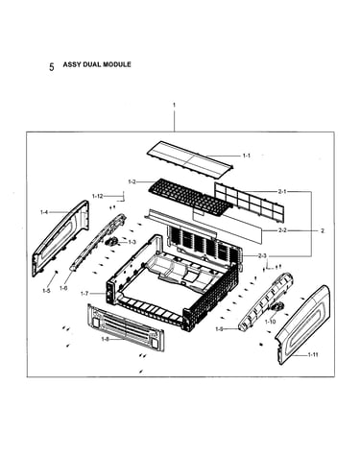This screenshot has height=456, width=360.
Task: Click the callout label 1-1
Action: click(x=246, y=156)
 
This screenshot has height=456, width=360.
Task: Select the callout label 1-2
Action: click(x=132, y=182)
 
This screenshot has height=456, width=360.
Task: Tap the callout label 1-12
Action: click(x=98, y=196)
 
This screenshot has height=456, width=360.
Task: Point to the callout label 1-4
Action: click(x=44, y=212)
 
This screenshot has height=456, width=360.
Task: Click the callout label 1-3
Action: click(x=132, y=242)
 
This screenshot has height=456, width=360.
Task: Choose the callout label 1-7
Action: click(x=84, y=293)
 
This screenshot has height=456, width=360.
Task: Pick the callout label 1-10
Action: click(x=270, y=322)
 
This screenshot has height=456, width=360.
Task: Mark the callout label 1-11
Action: click(x=313, y=355)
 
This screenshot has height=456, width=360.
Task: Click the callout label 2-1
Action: click(x=282, y=192)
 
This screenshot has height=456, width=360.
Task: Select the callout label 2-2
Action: click(x=282, y=230)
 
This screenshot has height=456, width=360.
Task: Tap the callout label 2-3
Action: click(x=262, y=255)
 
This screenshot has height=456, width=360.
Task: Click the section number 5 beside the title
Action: click(x=52, y=67)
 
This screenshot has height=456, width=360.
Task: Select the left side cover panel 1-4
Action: click(x=60, y=238)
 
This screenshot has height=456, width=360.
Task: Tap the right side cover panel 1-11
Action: click(x=302, y=324)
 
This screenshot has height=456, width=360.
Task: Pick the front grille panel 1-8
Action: click(x=126, y=327)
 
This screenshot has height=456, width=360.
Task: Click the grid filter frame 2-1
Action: click(x=249, y=202)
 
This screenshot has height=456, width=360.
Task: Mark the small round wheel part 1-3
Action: click(x=110, y=242)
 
